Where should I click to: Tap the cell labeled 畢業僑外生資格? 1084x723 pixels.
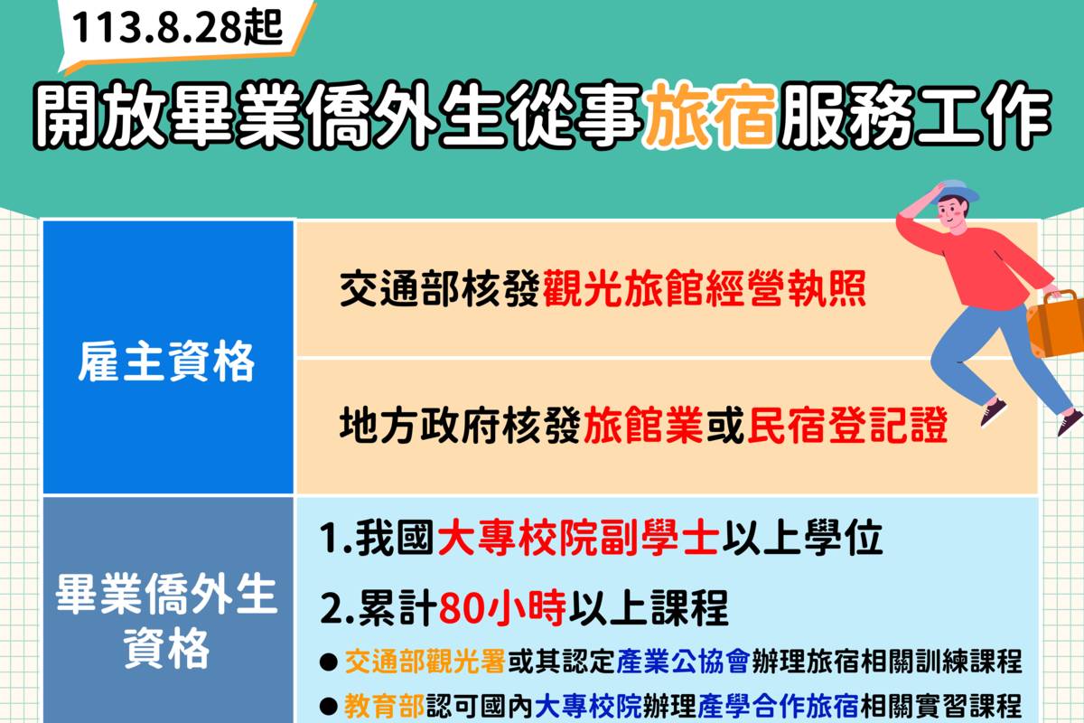tap(168, 620)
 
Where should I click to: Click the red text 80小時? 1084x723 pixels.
tap(502, 610)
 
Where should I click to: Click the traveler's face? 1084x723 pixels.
tap(948, 213)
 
